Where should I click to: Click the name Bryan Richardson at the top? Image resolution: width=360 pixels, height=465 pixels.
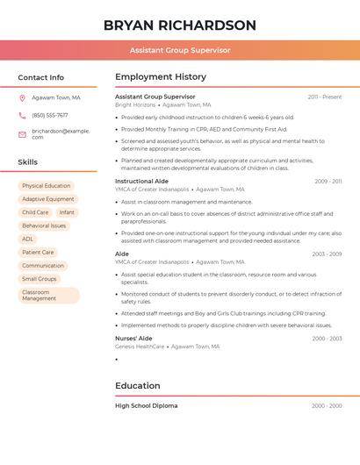(x=180, y=25)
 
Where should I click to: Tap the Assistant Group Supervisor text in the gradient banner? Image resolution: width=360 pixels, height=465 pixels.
(x=180, y=51)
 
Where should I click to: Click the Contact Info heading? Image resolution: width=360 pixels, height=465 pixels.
(x=40, y=77)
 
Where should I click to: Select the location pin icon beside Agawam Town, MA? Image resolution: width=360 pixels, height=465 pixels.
(x=22, y=97)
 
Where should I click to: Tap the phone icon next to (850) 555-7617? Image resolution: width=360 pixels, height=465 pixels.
(x=22, y=115)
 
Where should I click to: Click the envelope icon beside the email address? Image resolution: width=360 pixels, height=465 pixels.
(x=22, y=134)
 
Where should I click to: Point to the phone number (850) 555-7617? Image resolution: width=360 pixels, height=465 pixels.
(x=49, y=115)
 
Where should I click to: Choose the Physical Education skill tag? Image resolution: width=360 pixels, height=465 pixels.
(x=46, y=186)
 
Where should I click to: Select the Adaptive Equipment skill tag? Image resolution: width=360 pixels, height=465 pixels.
(x=48, y=199)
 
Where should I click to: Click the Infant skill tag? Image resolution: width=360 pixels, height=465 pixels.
(x=67, y=212)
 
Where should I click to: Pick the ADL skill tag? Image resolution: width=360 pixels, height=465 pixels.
(x=28, y=239)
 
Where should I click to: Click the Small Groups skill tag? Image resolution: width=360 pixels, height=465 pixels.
(x=40, y=279)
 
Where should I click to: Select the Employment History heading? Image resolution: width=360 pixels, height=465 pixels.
(x=161, y=77)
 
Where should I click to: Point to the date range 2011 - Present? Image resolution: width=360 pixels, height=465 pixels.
(x=325, y=97)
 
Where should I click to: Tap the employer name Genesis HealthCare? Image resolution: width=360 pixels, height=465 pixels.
(x=140, y=347)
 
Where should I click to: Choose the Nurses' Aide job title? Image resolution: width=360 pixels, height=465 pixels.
(x=133, y=338)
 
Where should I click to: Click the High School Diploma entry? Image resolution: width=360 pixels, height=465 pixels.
(x=146, y=406)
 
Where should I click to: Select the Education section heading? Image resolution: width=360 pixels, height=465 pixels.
(x=138, y=386)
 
